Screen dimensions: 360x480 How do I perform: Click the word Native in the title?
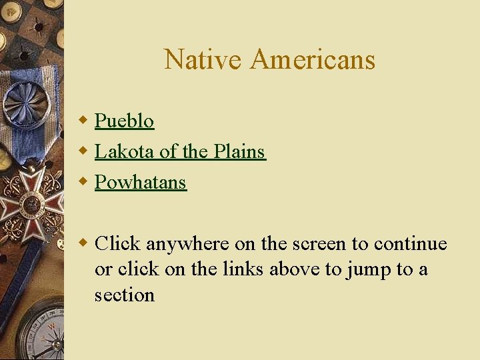click(x=203, y=59)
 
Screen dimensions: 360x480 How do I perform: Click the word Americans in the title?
click(x=313, y=59)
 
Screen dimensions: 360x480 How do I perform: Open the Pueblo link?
click(x=124, y=121)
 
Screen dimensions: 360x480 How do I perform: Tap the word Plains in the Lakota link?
click(x=239, y=151)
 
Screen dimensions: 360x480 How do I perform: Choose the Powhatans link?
click(x=140, y=182)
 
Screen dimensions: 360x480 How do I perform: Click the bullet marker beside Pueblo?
click(x=83, y=121)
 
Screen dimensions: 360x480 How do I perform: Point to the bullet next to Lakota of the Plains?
click(x=83, y=151)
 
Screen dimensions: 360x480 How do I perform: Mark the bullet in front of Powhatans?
click(x=83, y=182)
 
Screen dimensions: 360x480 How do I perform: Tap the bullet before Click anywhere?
click(x=83, y=243)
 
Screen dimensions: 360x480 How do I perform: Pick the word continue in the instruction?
click(x=410, y=244)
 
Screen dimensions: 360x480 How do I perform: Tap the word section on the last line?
click(x=124, y=295)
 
